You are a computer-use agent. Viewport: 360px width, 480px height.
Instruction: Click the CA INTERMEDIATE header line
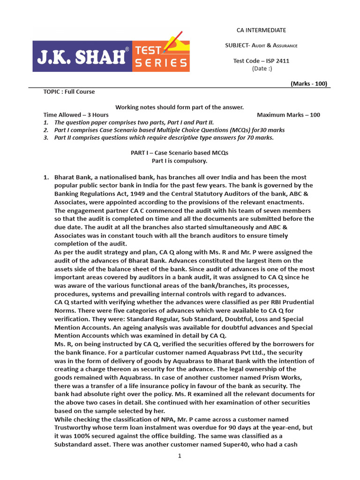pyautogui.click(x=261, y=30)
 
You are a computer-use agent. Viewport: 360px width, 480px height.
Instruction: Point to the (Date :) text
pyautogui.click(x=262, y=68)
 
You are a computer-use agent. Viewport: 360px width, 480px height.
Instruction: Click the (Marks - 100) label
pyautogui.click(x=308, y=84)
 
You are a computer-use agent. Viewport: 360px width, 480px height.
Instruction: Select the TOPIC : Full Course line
pyautogui.click(x=69, y=92)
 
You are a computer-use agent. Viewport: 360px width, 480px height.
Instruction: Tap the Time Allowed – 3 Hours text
pyautogui.click(x=76, y=115)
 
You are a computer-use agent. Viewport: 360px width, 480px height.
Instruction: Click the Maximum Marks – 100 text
pyautogui.click(x=288, y=115)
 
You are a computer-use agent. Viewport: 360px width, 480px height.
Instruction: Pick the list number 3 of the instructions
pyautogui.click(x=46, y=138)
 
